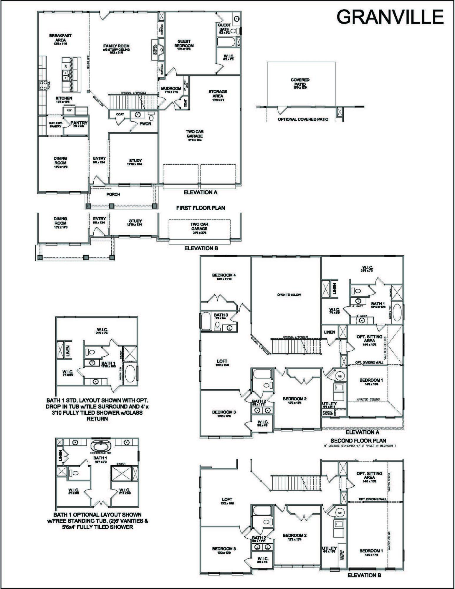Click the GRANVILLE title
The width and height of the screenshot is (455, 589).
tap(390, 17)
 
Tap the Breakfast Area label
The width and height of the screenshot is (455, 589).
tap(60, 38)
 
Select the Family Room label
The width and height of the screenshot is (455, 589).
tap(116, 46)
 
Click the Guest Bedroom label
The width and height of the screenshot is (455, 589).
tap(184, 44)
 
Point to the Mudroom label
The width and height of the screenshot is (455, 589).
tap(171, 89)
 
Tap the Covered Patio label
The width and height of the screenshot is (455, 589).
tap(300, 82)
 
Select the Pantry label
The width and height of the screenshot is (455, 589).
tap(79, 123)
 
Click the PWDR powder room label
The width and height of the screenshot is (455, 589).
tap(145, 124)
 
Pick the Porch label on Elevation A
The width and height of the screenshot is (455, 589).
tap(113, 194)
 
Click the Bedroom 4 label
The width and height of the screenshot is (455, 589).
tap(224, 275)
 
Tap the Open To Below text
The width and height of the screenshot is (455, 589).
tap(289, 295)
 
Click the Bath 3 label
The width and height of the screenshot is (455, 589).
tap(221, 315)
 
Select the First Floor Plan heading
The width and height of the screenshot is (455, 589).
tap(201, 208)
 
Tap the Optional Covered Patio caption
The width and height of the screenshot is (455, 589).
tap(303, 119)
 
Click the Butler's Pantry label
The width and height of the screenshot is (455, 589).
tap(55, 125)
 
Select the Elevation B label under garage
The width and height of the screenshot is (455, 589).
tap(201, 248)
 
